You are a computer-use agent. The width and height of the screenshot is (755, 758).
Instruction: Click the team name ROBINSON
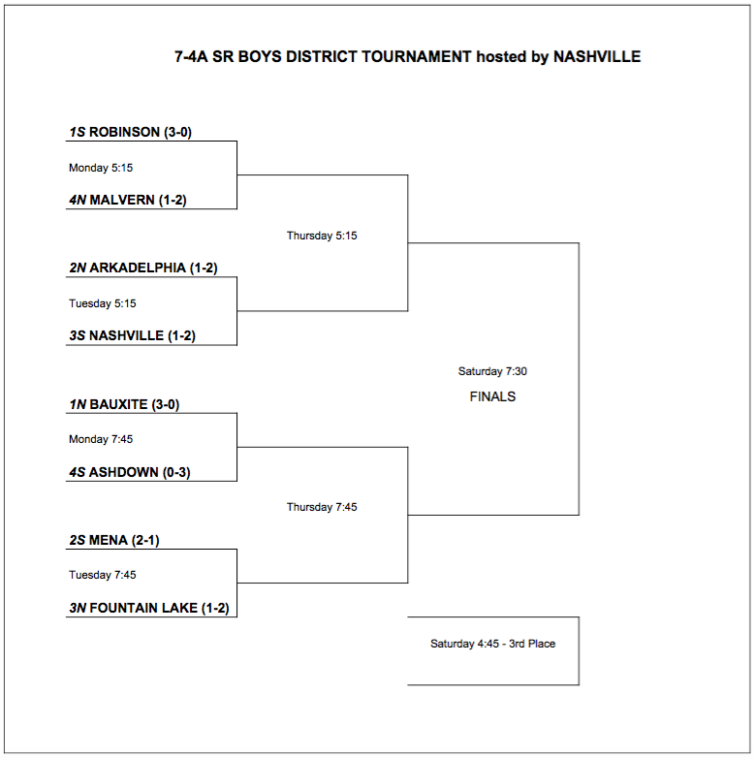tap(124, 133)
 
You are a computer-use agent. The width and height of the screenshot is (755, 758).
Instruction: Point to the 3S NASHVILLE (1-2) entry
tap(132, 336)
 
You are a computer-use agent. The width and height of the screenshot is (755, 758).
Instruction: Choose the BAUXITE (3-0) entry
tap(124, 404)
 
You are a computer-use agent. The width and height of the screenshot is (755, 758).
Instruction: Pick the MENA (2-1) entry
tap(113, 540)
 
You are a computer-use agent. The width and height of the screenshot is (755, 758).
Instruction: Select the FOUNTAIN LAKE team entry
tap(143, 608)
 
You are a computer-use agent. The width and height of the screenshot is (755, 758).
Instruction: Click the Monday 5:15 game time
tap(101, 168)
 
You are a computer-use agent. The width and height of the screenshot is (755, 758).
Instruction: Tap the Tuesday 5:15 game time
tap(102, 303)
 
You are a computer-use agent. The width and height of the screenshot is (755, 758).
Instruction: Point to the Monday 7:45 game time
tap(101, 439)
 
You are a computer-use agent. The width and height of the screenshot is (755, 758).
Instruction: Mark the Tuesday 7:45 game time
tap(102, 575)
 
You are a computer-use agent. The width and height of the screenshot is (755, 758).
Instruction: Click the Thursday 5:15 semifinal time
tap(322, 236)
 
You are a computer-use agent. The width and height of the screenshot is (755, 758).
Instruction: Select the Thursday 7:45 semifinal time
tap(322, 507)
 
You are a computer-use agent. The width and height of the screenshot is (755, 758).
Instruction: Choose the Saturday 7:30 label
tap(492, 371)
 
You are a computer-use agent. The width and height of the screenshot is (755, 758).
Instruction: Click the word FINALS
tap(492, 396)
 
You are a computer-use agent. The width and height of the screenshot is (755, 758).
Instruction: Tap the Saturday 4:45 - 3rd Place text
tap(492, 644)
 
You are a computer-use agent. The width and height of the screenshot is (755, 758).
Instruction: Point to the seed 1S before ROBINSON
tap(77, 133)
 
